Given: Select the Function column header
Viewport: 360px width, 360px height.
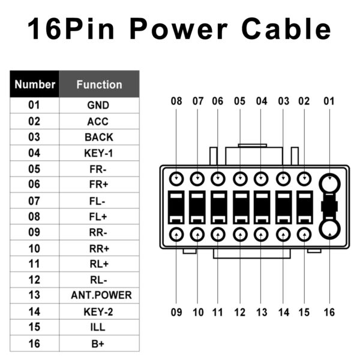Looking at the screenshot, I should point(99,85).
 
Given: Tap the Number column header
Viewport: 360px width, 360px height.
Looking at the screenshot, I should point(35,85).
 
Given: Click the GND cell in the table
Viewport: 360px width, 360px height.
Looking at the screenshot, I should point(99,106).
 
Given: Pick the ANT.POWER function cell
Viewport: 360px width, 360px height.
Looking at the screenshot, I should point(99,295).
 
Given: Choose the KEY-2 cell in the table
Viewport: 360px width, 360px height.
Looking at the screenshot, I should point(99,311).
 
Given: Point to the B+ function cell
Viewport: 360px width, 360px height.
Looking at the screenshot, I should point(99,343).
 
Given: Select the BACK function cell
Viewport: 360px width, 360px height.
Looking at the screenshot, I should point(99,137).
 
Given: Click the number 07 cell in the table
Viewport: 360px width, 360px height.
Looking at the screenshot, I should point(34,200).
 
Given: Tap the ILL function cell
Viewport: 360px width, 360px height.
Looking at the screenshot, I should point(99,328).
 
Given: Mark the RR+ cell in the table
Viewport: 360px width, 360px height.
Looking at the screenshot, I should point(99,248).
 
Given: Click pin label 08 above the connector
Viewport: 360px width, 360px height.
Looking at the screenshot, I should point(176,101).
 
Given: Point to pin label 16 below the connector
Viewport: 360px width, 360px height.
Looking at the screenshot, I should point(329,312).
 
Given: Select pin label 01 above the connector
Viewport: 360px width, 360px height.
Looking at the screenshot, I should point(329,101).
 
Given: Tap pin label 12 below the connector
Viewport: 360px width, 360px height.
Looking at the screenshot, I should point(240,312).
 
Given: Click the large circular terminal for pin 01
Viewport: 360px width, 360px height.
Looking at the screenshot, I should point(329,182).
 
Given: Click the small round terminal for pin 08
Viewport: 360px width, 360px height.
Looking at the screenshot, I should point(176,179).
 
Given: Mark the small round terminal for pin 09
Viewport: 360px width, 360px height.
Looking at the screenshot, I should point(176,234).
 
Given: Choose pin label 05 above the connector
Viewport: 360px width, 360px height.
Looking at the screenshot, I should point(240,101).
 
